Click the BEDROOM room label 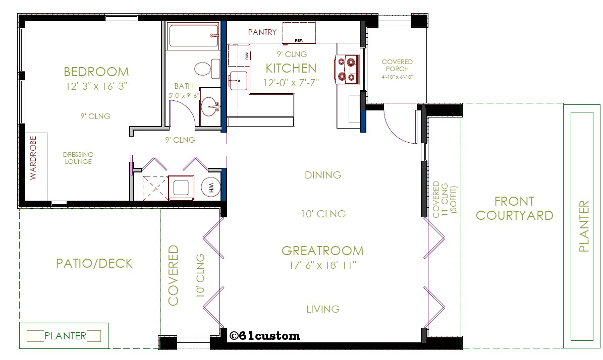tap(96, 72)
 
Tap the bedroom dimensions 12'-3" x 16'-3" tap(96, 86)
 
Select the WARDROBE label tap(33, 157)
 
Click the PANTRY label tap(262, 32)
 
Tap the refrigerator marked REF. tap(299, 33)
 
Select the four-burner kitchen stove tap(346, 69)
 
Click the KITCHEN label tap(291, 68)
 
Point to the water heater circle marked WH tap(211, 188)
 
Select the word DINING tap(323, 175)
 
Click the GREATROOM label tap(322, 251)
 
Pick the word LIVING tap(323, 309)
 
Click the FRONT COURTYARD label tap(514, 209)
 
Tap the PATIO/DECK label tap(94, 263)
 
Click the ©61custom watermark tap(264, 336)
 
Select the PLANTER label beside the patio tap(65, 336)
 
